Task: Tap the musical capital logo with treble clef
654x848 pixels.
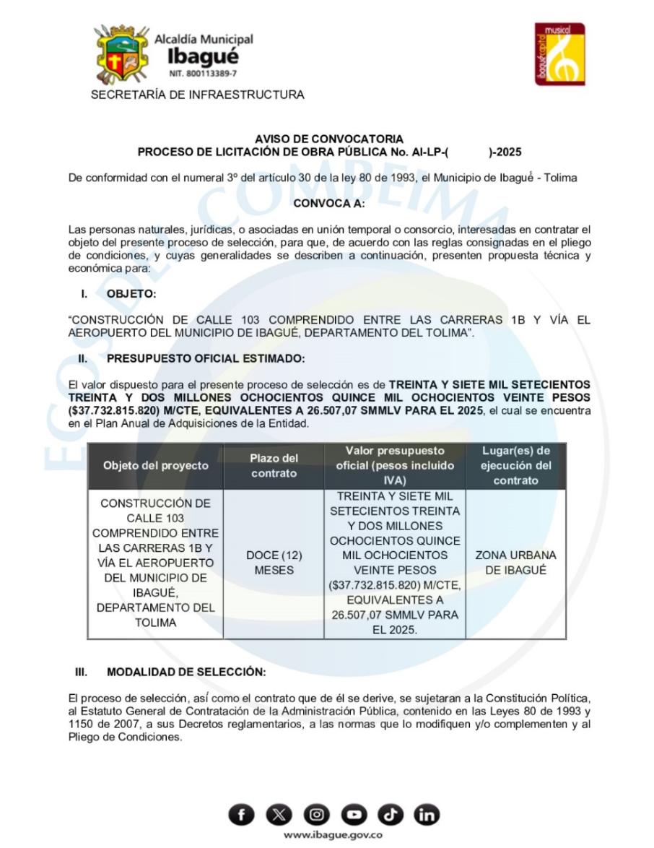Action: coord(559,54)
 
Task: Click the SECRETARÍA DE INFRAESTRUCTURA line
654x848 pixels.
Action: coord(197,95)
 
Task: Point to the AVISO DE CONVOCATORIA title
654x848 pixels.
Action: coord(329,139)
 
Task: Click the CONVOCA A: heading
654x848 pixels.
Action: coord(329,204)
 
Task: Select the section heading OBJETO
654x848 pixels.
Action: coord(131,293)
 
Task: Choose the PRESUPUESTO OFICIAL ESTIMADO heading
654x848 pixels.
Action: coord(206,358)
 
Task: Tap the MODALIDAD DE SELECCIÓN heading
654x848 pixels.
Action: coord(186,672)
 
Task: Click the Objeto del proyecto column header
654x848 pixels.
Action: coord(155,466)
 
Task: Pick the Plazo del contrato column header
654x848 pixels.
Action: coord(274,466)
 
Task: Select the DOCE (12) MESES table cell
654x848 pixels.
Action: coord(274,563)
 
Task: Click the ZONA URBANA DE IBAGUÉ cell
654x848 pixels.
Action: coord(515,563)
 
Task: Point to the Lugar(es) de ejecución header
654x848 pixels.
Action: coord(515,466)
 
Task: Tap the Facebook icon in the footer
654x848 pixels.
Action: coord(242,815)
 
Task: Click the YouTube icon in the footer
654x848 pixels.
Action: coord(353,815)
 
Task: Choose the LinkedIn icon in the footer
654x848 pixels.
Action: coord(427,815)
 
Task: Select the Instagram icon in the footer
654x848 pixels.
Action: coord(316,815)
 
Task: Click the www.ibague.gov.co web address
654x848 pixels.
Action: coord(333,835)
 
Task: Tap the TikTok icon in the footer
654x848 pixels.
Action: coord(390,815)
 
